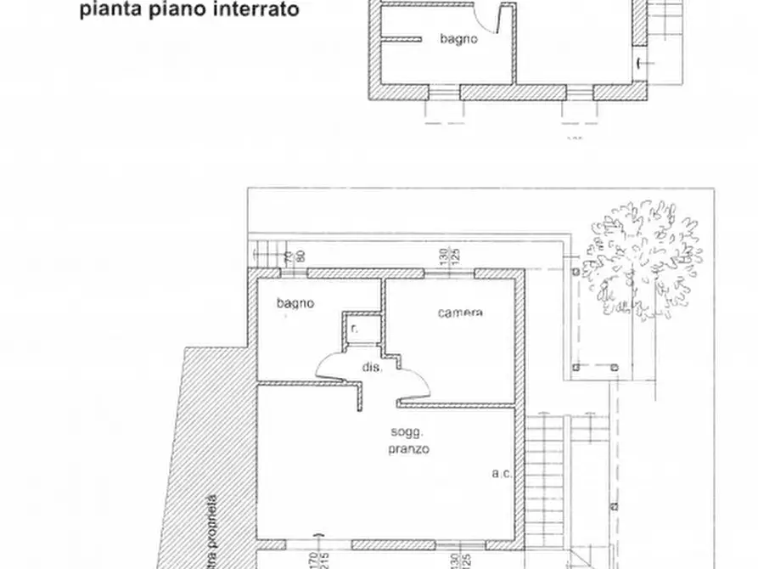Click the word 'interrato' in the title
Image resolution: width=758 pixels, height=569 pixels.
(x=257, y=11)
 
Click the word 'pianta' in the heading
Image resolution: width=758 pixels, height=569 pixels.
(x=105, y=11)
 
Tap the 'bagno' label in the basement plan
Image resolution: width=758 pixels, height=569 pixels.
(x=458, y=39)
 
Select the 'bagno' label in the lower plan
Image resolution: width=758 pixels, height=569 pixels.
(x=296, y=302)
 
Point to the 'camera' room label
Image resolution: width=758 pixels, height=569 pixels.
(x=460, y=313)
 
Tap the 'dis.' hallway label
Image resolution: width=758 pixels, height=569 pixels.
(x=373, y=369)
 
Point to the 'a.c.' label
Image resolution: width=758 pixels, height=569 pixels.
(x=501, y=474)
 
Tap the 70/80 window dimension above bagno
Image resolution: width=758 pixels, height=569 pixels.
(x=294, y=256)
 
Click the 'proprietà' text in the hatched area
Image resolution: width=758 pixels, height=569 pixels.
(x=211, y=531)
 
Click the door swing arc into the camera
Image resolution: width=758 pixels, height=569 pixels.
(x=413, y=385)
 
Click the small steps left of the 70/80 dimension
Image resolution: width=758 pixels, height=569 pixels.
(x=265, y=252)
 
